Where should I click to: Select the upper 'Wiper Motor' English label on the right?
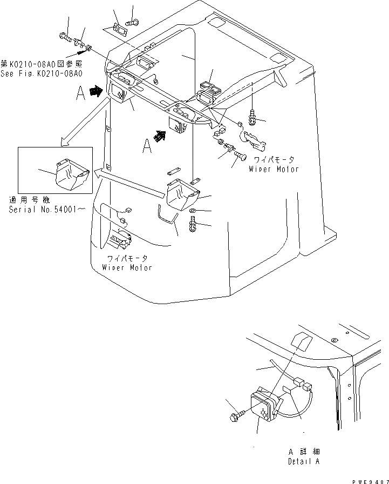(274, 169)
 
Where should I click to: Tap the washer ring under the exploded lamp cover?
(193, 210)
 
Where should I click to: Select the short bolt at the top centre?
(132, 22)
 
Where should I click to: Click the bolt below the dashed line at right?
(253, 115)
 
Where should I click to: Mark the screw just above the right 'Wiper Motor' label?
(239, 156)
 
